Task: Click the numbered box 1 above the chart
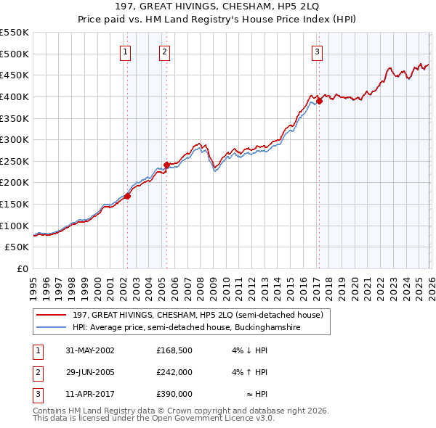tap(126, 52)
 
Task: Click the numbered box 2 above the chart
tap(165, 52)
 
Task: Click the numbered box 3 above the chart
tap(318, 52)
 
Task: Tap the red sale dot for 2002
tap(128, 196)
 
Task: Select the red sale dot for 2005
tap(167, 165)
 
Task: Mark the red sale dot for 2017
tap(319, 101)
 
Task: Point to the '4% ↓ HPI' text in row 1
tap(250, 350)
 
